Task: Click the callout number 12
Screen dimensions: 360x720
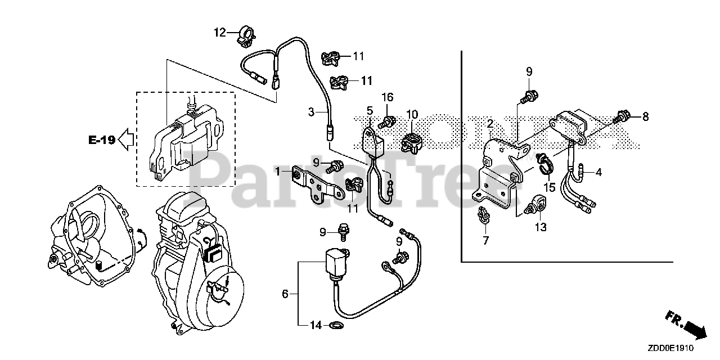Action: pyautogui.click(x=219, y=33)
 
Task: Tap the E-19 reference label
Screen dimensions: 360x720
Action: pyautogui.click(x=101, y=140)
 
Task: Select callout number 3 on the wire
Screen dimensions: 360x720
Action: pyautogui.click(x=310, y=112)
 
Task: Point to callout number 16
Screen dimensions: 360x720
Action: pyautogui.click(x=387, y=98)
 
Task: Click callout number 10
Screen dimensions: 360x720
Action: pyautogui.click(x=412, y=114)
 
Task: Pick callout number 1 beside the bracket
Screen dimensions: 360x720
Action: pyautogui.click(x=277, y=170)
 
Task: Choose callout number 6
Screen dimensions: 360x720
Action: pyautogui.click(x=285, y=293)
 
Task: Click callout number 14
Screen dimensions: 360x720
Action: pyautogui.click(x=316, y=325)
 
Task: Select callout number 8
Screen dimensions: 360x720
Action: pyautogui.click(x=645, y=116)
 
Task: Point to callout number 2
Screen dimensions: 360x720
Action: pyautogui.click(x=490, y=123)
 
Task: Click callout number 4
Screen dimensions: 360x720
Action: pyautogui.click(x=598, y=172)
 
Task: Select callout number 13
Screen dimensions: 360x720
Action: pyautogui.click(x=541, y=227)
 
